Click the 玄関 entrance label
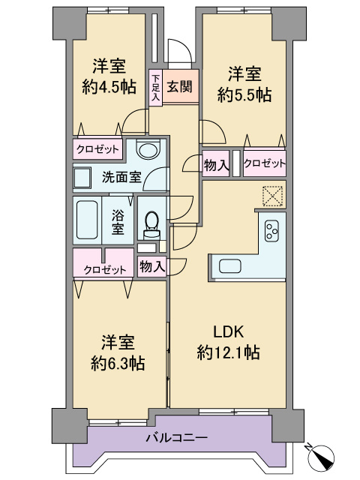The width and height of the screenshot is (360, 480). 180,87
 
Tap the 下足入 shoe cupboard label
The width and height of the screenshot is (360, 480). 156,88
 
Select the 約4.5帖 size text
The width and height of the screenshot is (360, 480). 109,87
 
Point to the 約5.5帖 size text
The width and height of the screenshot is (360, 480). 244,94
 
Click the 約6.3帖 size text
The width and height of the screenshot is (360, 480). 118,363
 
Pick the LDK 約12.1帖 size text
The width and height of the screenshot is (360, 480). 229,352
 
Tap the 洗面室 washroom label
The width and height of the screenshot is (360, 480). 121,177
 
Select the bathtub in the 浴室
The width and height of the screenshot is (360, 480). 87,220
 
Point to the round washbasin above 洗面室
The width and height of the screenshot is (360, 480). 149,149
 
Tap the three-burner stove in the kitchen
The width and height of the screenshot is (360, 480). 271,231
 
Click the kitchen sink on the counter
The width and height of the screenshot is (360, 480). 230,266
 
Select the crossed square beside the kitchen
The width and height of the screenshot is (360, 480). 272,196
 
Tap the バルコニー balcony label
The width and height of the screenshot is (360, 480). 177,437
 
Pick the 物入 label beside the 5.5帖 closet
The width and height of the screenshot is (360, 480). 216,165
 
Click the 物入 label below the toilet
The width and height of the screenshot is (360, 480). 152,266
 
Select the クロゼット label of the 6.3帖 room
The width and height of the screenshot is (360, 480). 105,270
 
